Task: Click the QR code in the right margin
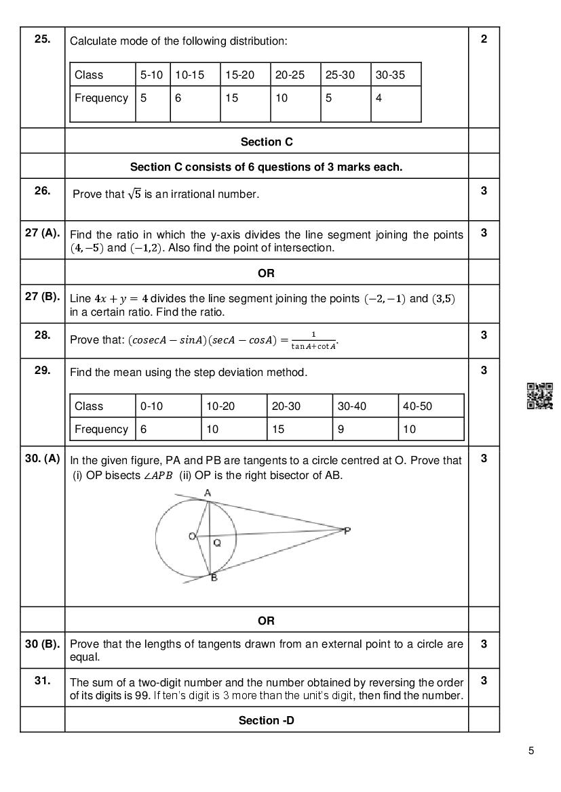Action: click(539, 396)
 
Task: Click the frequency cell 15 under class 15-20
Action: click(232, 98)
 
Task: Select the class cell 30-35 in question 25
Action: click(389, 75)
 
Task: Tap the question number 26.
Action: click(42, 191)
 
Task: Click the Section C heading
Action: click(267, 142)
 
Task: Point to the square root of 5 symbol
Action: click(135, 194)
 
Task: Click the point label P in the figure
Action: click(347, 530)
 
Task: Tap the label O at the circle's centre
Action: click(192, 537)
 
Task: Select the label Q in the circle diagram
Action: click(217, 543)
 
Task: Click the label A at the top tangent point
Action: click(208, 493)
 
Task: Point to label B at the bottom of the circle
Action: click(214, 578)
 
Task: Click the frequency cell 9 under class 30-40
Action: click(341, 430)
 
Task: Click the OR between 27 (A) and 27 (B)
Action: click(266, 274)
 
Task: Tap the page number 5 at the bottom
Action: click(531, 750)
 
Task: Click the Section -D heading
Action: click(266, 720)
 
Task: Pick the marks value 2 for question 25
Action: click(484, 39)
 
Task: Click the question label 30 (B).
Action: click(42, 644)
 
